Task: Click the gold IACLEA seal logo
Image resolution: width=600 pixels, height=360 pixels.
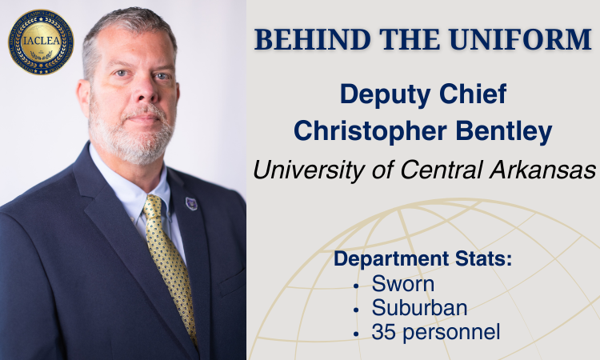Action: [x=41, y=42]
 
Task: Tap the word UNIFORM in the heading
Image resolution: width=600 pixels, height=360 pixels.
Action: [x=521, y=39]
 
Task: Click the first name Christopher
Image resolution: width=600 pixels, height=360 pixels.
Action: [x=370, y=131]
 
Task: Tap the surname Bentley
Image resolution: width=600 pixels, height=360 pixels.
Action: [x=504, y=131]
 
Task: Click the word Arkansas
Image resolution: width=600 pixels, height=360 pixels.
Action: [x=542, y=170]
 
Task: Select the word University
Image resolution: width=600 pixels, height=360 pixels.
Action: [x=310, y=170]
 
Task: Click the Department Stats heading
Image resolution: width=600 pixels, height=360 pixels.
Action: [x=423, y=258]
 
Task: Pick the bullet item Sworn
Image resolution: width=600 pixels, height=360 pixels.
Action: [x=403, y=284]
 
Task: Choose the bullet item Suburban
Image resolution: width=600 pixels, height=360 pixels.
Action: [x=419, y=307]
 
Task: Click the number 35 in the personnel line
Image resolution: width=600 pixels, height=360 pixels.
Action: [x=384, y=332]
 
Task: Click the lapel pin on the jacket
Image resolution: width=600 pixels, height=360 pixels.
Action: [x=191, y=203]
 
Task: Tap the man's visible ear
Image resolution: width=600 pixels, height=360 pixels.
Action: [x=84, y=98]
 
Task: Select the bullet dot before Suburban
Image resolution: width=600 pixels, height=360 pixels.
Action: [x=356, y=310]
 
